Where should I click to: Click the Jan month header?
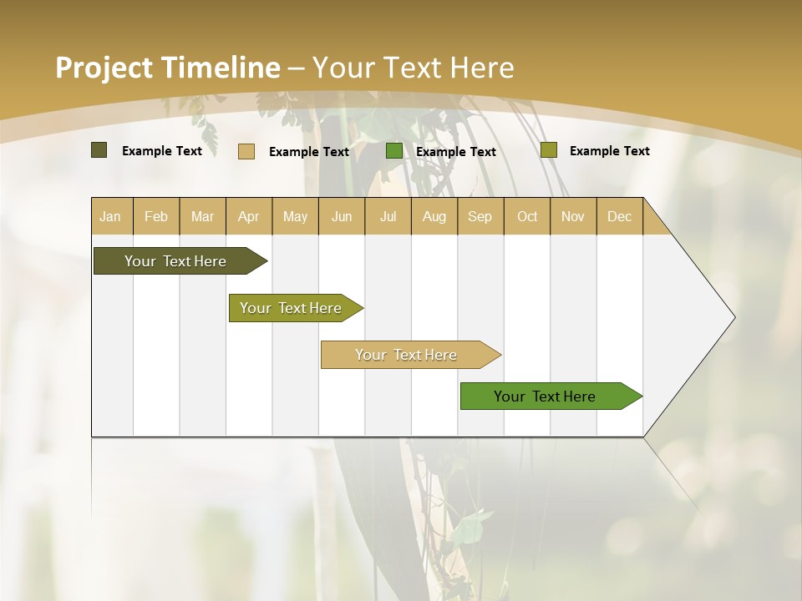point(110,216)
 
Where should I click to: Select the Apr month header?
point(249,216)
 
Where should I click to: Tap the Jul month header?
point(388,216)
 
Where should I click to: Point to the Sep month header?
point(480,216)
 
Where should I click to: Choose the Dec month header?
point(619,216)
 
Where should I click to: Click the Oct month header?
point(526,216)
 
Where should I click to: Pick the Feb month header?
point(156,216)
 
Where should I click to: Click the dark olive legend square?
point(99,150)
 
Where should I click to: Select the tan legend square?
point(246,151)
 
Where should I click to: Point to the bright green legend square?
point(393,151)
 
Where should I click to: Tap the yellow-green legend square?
point(548,150)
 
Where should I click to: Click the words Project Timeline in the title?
point(167,68)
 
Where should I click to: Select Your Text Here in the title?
point(414,68)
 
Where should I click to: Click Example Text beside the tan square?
point(308,152)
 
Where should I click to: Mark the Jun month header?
point(342,216)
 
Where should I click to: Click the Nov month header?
point(572,216)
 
